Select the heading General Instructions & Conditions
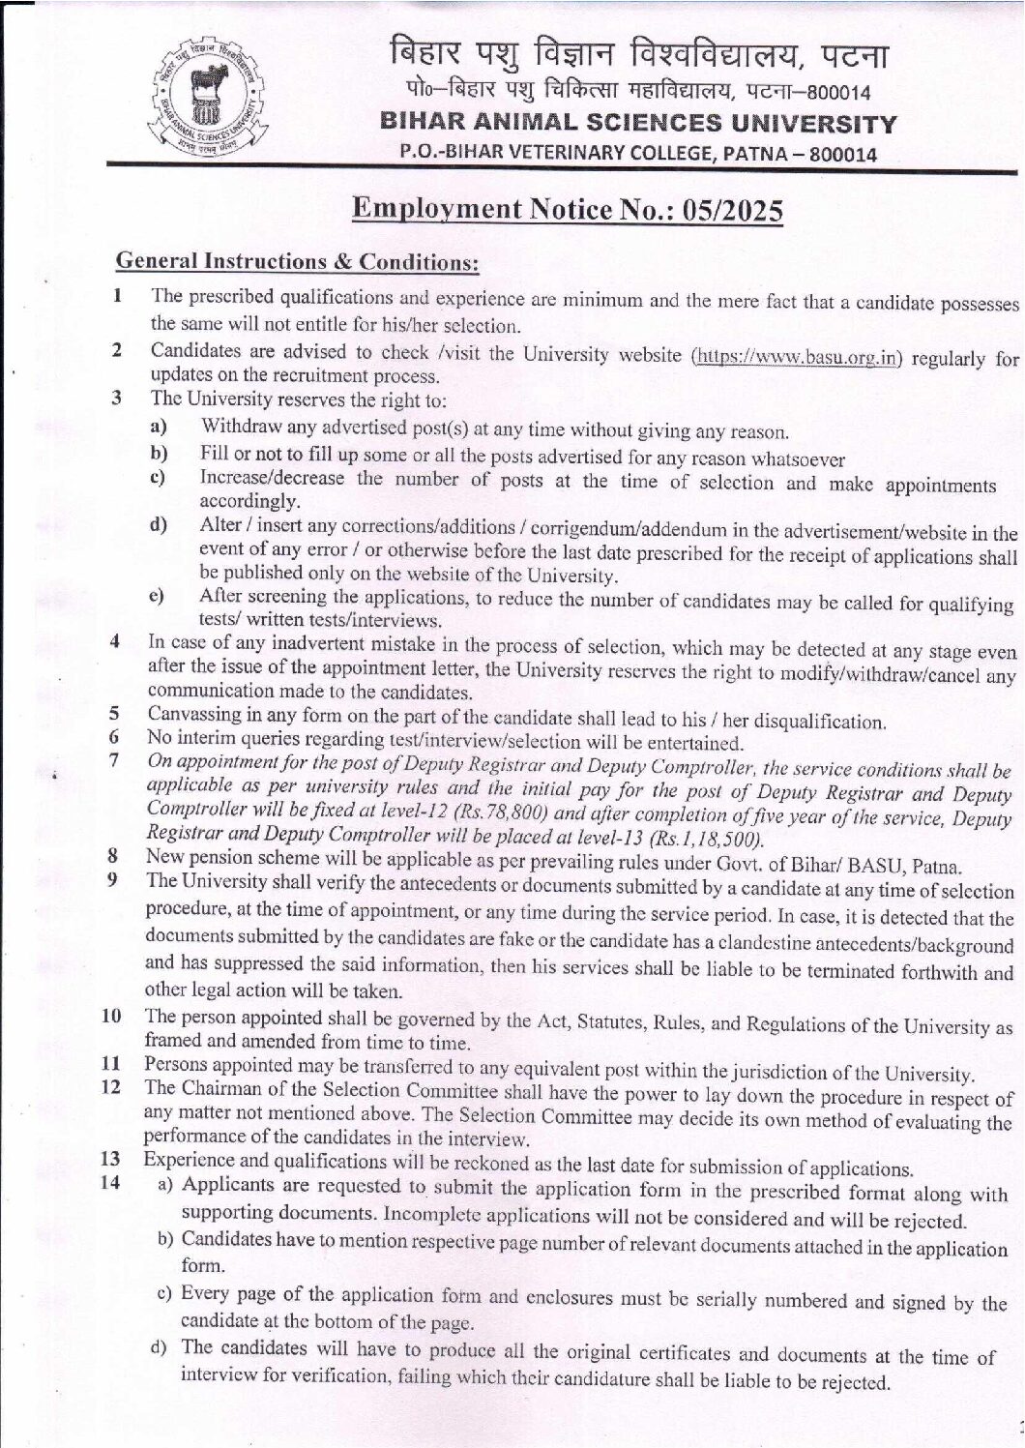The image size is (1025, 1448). (x=297, y=261)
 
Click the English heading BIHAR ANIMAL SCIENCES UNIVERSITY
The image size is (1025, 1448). (x=639, y=124)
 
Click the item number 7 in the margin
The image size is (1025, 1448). (x=114, y=760)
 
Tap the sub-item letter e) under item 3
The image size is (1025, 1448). (x=155, y=598)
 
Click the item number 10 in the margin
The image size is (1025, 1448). (x=112, y=1017)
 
